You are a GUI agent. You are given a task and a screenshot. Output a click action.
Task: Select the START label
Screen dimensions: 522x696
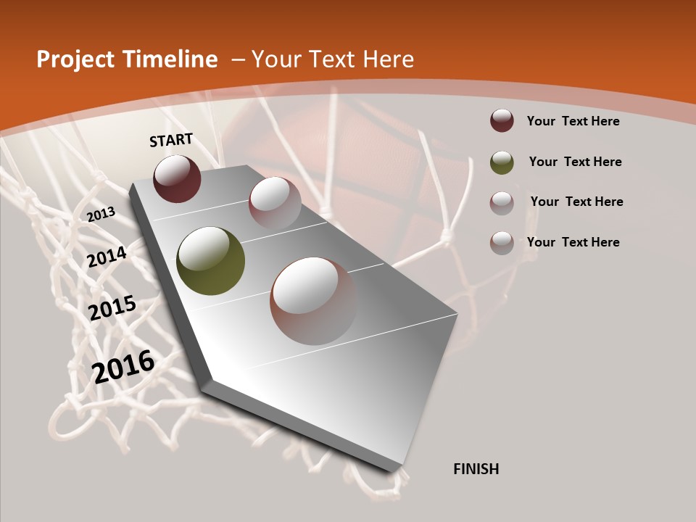[x=171, y=140]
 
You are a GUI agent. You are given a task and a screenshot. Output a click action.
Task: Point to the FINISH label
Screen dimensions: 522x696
[x=476, y=469]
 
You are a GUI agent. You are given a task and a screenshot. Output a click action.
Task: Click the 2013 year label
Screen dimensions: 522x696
[x=101, y=214]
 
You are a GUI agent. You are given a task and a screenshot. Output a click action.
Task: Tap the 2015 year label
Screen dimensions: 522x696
[x=112, y=308]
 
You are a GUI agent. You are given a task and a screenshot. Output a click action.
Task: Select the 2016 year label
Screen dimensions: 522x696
[x=123, y=366]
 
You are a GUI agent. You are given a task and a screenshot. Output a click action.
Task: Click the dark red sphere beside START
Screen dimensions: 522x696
[x=177, y=178]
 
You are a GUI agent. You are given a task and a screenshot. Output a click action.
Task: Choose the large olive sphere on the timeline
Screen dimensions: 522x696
[x=210, y=261]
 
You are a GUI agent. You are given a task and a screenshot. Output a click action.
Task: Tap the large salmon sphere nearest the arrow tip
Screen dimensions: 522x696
[x=313, y=300]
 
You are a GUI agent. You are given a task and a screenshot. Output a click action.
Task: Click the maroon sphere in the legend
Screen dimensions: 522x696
[x=502, y=120]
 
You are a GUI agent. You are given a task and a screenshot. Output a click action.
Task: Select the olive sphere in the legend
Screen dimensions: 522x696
[x=502, y=162]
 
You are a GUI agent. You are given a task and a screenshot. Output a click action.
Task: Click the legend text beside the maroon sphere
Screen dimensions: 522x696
[x=573, y=121]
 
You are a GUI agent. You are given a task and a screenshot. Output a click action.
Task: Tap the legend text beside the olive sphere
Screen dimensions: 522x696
[x=575, y=162]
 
